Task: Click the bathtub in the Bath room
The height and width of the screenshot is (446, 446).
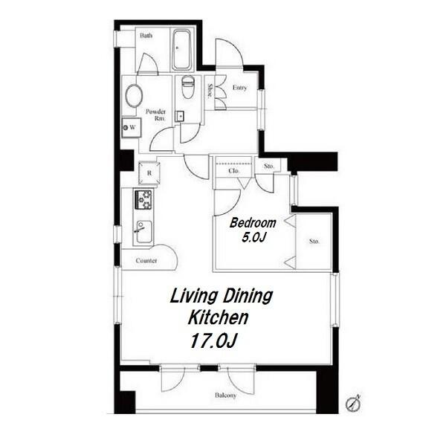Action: coord(182,50)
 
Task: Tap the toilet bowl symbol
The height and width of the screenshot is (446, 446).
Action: coord(187,87)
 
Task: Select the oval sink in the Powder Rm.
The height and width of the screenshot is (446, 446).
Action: coord(134,96)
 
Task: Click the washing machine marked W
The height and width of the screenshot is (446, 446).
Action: coord(132,127)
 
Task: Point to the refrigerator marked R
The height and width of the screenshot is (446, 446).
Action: coord(149,172)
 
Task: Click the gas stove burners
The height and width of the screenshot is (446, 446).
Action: coord(143,200)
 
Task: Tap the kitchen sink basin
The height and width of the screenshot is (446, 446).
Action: coord(144,232)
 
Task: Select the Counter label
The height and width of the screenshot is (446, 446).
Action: coord(146,261)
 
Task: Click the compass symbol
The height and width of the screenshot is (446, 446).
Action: coord(353,404)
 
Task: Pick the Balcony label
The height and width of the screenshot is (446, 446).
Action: coord(225,395)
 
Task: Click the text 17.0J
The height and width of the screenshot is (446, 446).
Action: coord(213,340)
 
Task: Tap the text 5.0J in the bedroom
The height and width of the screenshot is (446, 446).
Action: coord(253,236)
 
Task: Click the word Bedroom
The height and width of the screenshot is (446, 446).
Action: coord(253,223)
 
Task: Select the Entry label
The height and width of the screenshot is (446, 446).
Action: coord(239,88)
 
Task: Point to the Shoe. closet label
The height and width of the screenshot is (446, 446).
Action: coord(210,91)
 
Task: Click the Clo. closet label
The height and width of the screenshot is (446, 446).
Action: coord(234,171)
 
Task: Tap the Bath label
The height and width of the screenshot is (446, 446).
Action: coord(146,36)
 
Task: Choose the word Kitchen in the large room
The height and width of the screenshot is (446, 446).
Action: coord(218,317)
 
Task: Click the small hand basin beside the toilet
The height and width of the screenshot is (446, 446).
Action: coord(179,116)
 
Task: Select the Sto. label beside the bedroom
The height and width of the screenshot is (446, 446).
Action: coord(314,242)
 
